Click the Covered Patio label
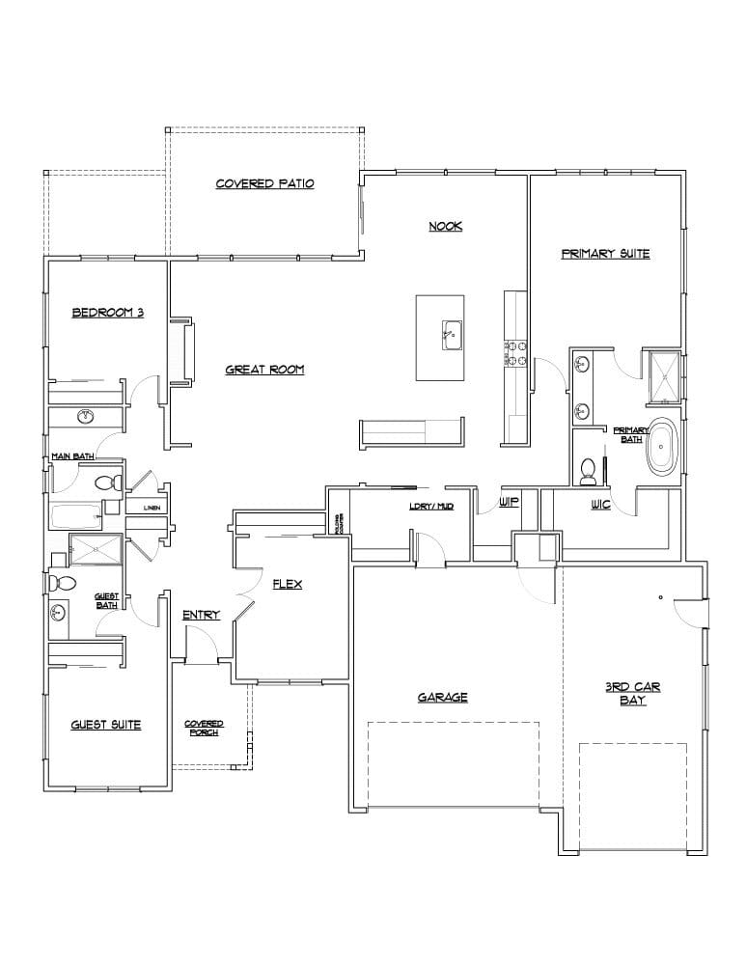[264, 183]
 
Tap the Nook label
[445, 227]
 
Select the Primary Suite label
[605, 254]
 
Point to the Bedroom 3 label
[108, 312]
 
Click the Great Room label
[265, 369]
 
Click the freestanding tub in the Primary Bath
[662, 446]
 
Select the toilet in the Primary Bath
[587, 470]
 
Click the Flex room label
[289, 584]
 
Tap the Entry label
[201, 615]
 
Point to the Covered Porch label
[204, 728]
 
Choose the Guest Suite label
[106, 724]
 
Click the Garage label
[443, 697]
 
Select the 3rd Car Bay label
[632, 693]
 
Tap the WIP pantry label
[510, 504]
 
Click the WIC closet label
[600, 505]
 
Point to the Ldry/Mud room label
[430, 506]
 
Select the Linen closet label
[152, 507]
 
